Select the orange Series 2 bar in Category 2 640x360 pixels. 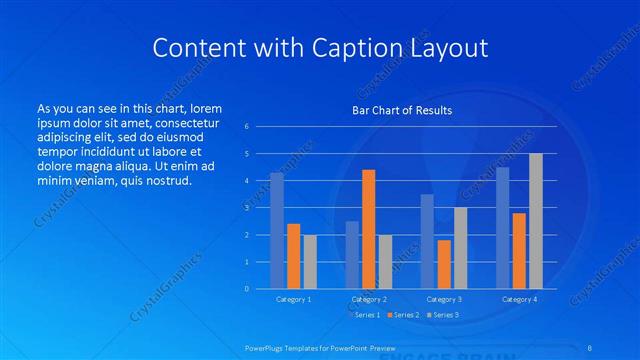point(368,229)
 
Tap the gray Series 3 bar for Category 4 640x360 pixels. point(535,221)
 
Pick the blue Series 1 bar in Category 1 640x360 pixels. point(277,231)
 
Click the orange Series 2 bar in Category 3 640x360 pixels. point(443,264)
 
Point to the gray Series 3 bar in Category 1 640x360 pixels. point(310,262)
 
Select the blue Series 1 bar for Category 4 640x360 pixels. point(502,228)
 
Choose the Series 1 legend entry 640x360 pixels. point(366,315)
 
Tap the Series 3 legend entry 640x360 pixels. point(444,315)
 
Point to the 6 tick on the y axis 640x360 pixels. point(246,126)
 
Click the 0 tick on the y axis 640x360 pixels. point(246,289)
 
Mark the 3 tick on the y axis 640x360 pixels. point(246,208)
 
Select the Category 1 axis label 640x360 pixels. point(294,299)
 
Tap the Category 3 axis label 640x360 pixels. point(443,299)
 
